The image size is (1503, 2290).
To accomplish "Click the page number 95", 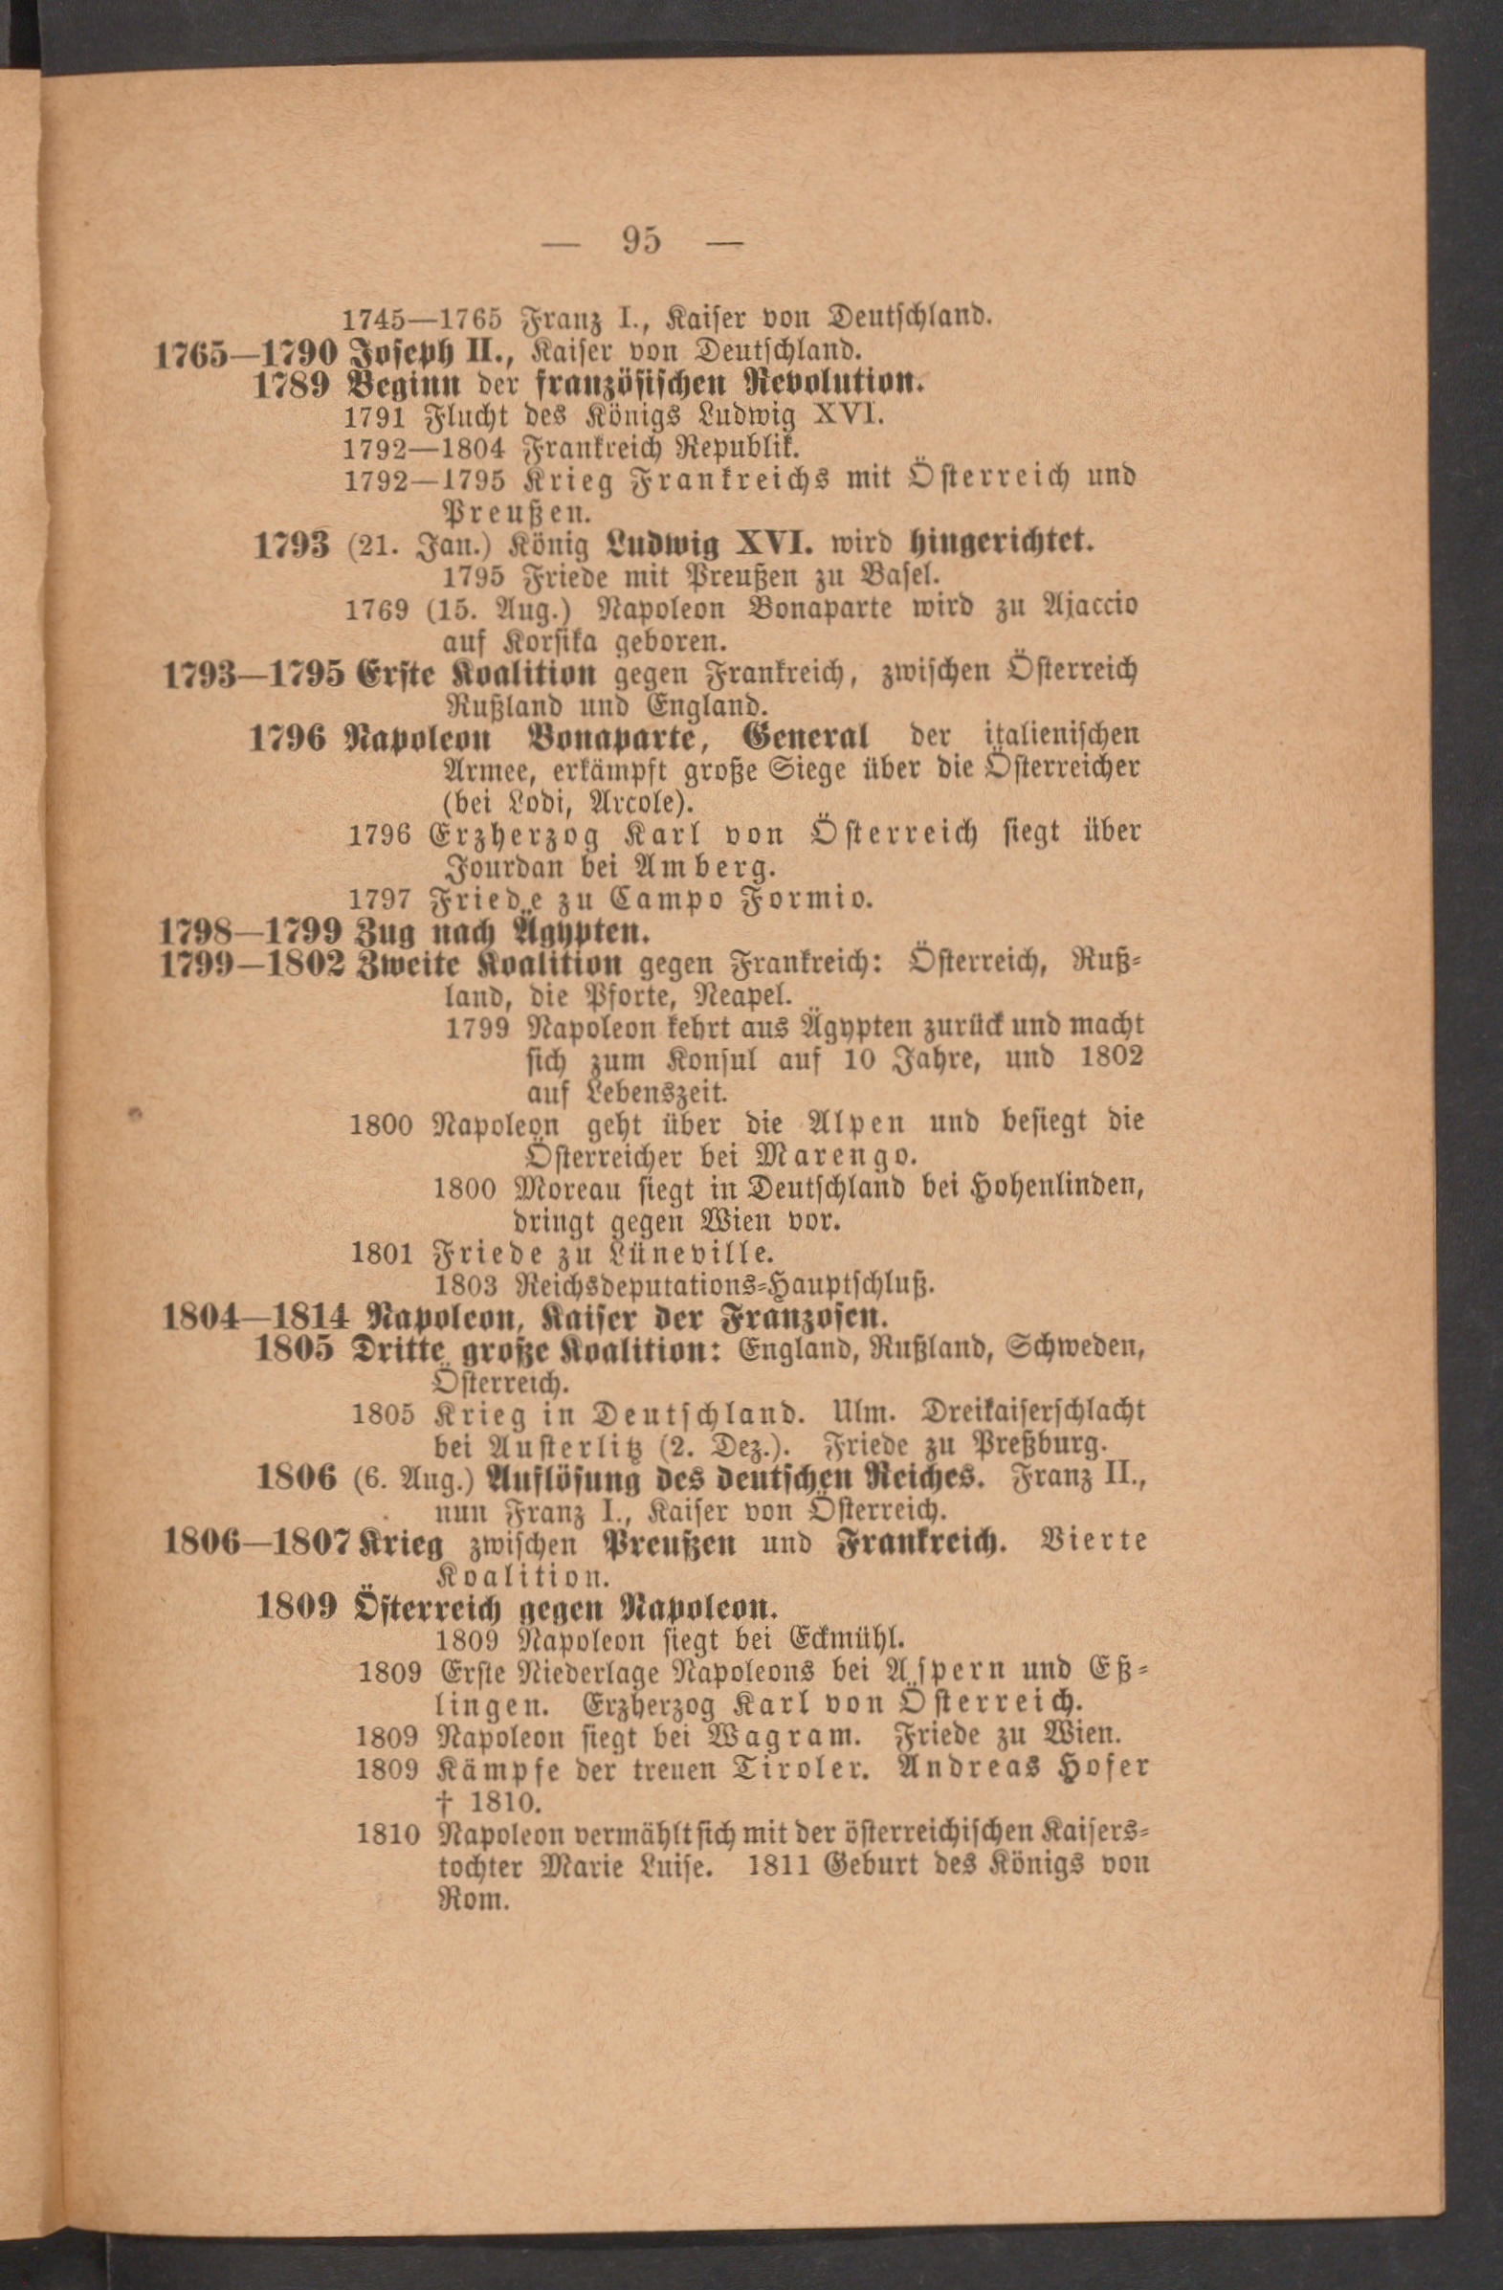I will (x=642, y=238).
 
